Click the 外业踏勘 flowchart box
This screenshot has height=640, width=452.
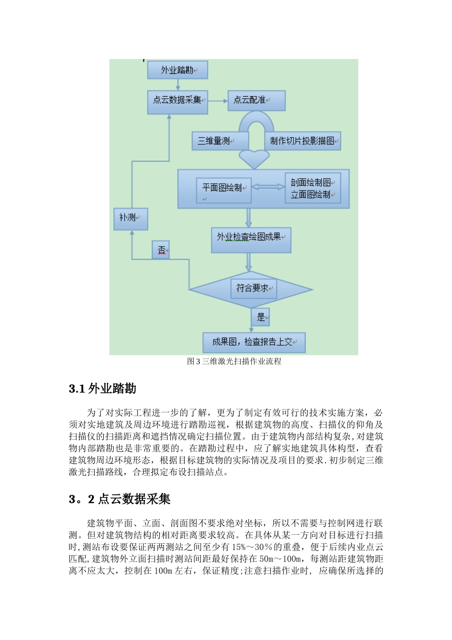coord(177,70)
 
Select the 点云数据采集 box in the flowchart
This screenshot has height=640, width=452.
coord(177,100)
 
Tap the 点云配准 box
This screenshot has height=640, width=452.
coord(256,100)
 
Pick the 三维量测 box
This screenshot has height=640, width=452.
coord(220,141)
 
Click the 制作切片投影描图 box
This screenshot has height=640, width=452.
coord(303,141)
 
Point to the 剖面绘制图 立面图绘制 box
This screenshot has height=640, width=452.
coord(313,189)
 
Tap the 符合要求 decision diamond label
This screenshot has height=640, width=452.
coord(253,289)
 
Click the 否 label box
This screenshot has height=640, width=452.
coord(161,250)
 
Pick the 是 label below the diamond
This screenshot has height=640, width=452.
coord(260,317)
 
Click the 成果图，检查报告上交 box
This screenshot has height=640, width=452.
coord(254,342)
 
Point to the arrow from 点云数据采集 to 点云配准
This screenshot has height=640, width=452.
coord(218,101)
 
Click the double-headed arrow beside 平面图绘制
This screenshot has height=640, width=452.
coord(268,187)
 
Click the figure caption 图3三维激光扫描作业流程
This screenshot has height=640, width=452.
coord(234,361)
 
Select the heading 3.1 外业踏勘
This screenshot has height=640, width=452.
coord(103,389)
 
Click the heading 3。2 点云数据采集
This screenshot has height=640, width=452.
coord(119,499)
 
